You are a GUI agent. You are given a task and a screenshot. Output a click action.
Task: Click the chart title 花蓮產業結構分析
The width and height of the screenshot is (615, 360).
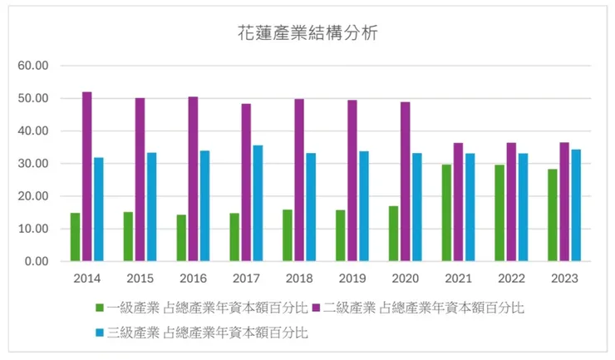(307, 34)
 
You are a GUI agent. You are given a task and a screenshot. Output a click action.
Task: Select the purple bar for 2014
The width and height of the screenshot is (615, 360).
(86, 176)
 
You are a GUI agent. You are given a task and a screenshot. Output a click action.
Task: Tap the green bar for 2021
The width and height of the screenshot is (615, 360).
(446, 213)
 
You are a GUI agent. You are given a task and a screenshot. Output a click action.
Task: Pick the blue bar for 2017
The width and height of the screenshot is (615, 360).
(258, 203)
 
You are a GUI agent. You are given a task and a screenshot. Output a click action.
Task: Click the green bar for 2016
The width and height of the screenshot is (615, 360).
(181, 238)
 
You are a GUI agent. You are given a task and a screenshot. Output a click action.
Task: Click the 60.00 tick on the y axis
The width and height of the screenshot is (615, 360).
(34, 66)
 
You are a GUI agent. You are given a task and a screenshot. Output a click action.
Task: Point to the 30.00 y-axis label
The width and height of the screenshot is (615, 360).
(34, 164)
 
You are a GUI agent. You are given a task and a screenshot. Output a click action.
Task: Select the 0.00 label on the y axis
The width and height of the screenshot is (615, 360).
(37, 261)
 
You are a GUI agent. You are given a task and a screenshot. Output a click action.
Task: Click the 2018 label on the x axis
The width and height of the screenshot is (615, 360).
(298, 279)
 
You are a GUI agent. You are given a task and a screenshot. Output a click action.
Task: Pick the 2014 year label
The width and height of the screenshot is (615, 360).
(86, 279)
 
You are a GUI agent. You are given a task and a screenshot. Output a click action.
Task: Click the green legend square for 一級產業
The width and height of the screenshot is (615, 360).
(100, 308)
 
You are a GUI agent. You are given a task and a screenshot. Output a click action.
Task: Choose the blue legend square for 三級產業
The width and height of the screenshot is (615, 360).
(100, 333)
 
